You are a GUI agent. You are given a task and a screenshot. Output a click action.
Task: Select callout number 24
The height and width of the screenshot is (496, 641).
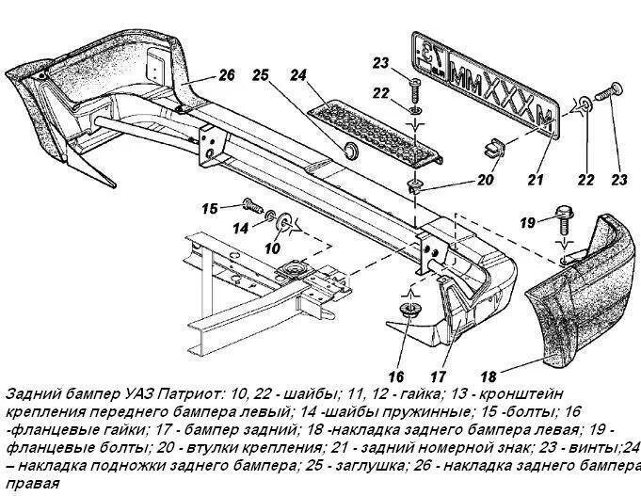(299, 74)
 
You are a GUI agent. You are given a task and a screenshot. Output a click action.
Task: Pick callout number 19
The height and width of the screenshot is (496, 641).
(528, 222)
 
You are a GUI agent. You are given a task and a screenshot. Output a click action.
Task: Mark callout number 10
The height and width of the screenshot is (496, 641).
(272, 248)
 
